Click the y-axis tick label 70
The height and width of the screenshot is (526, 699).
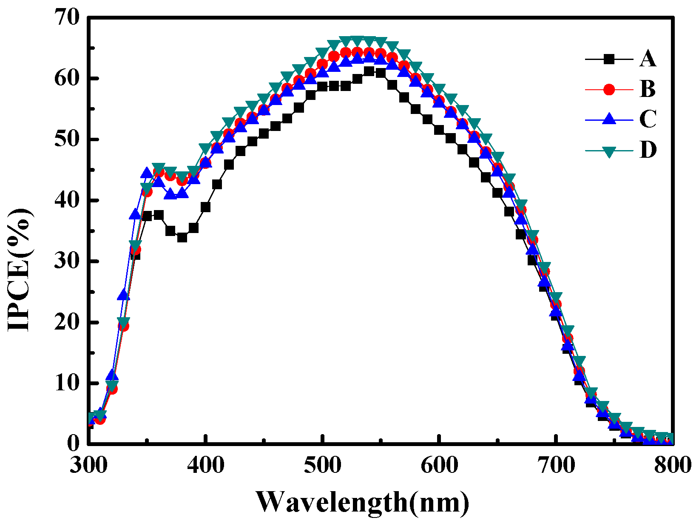pos(67,18)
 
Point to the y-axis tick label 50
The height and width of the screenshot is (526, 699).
pos(67,139)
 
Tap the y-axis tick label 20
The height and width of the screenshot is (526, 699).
pos(67,322)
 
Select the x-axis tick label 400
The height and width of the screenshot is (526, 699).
pos(205,465)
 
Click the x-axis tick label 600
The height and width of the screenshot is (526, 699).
pos(439,465)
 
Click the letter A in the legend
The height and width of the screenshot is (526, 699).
pos(648,59)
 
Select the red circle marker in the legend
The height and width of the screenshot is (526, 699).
pos(609,89)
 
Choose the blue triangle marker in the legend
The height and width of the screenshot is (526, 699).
pos(609,119)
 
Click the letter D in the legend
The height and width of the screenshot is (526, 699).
pos(648,150)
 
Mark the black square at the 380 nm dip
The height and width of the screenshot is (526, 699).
pos(182,237)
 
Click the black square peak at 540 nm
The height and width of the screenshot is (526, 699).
pos(369,71)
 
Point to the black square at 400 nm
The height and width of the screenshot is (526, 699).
pos(205,207)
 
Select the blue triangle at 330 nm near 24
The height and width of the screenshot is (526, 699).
pos(124,294)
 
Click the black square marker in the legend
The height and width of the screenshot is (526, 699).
pos(609,59)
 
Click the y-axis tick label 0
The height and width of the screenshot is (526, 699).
pos(73,444)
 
